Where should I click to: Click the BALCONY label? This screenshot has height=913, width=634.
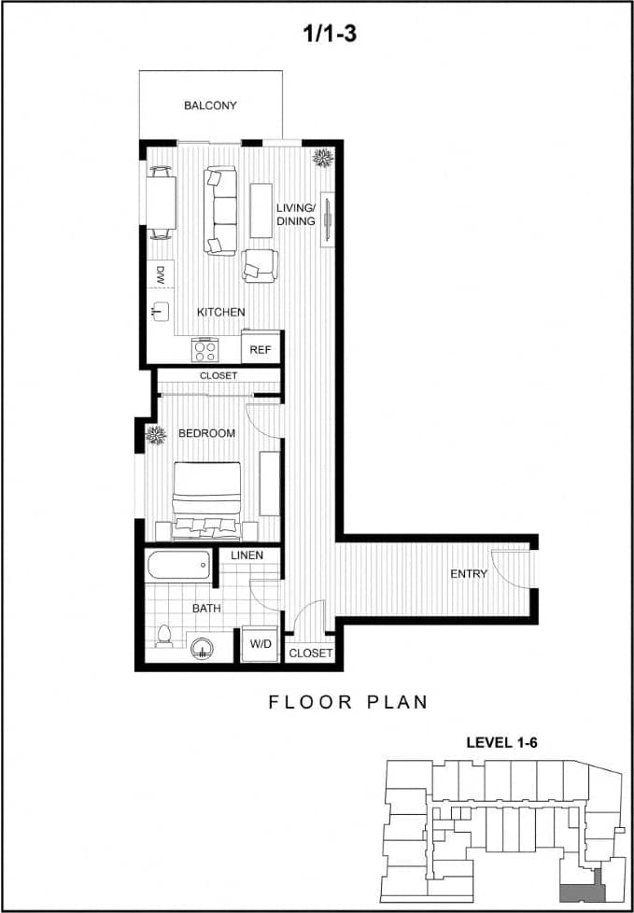coord(210,105)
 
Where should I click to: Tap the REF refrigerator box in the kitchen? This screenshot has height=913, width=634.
coord(261,350)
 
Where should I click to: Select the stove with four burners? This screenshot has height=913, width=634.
coord(204,350)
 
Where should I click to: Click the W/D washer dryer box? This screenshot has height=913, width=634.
coord(260,643)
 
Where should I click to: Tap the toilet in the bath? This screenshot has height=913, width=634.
coord(165,637)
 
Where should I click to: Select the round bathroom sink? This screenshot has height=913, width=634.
coord(203,646)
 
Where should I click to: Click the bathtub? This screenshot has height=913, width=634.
coord(178,565)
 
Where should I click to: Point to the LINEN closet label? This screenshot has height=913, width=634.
coord(247,555)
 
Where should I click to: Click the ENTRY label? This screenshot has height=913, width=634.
coord(469,574)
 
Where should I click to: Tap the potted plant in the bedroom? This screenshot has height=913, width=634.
coord(155,434)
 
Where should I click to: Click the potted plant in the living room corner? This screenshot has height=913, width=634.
coord(324,159)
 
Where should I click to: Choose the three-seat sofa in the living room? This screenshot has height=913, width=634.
coord(220,210)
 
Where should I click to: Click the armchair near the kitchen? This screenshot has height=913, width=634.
coord(259,265)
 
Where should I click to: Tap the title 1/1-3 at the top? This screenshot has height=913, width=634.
coord(330,35)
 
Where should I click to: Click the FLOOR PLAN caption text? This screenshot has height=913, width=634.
coord(348,702)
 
